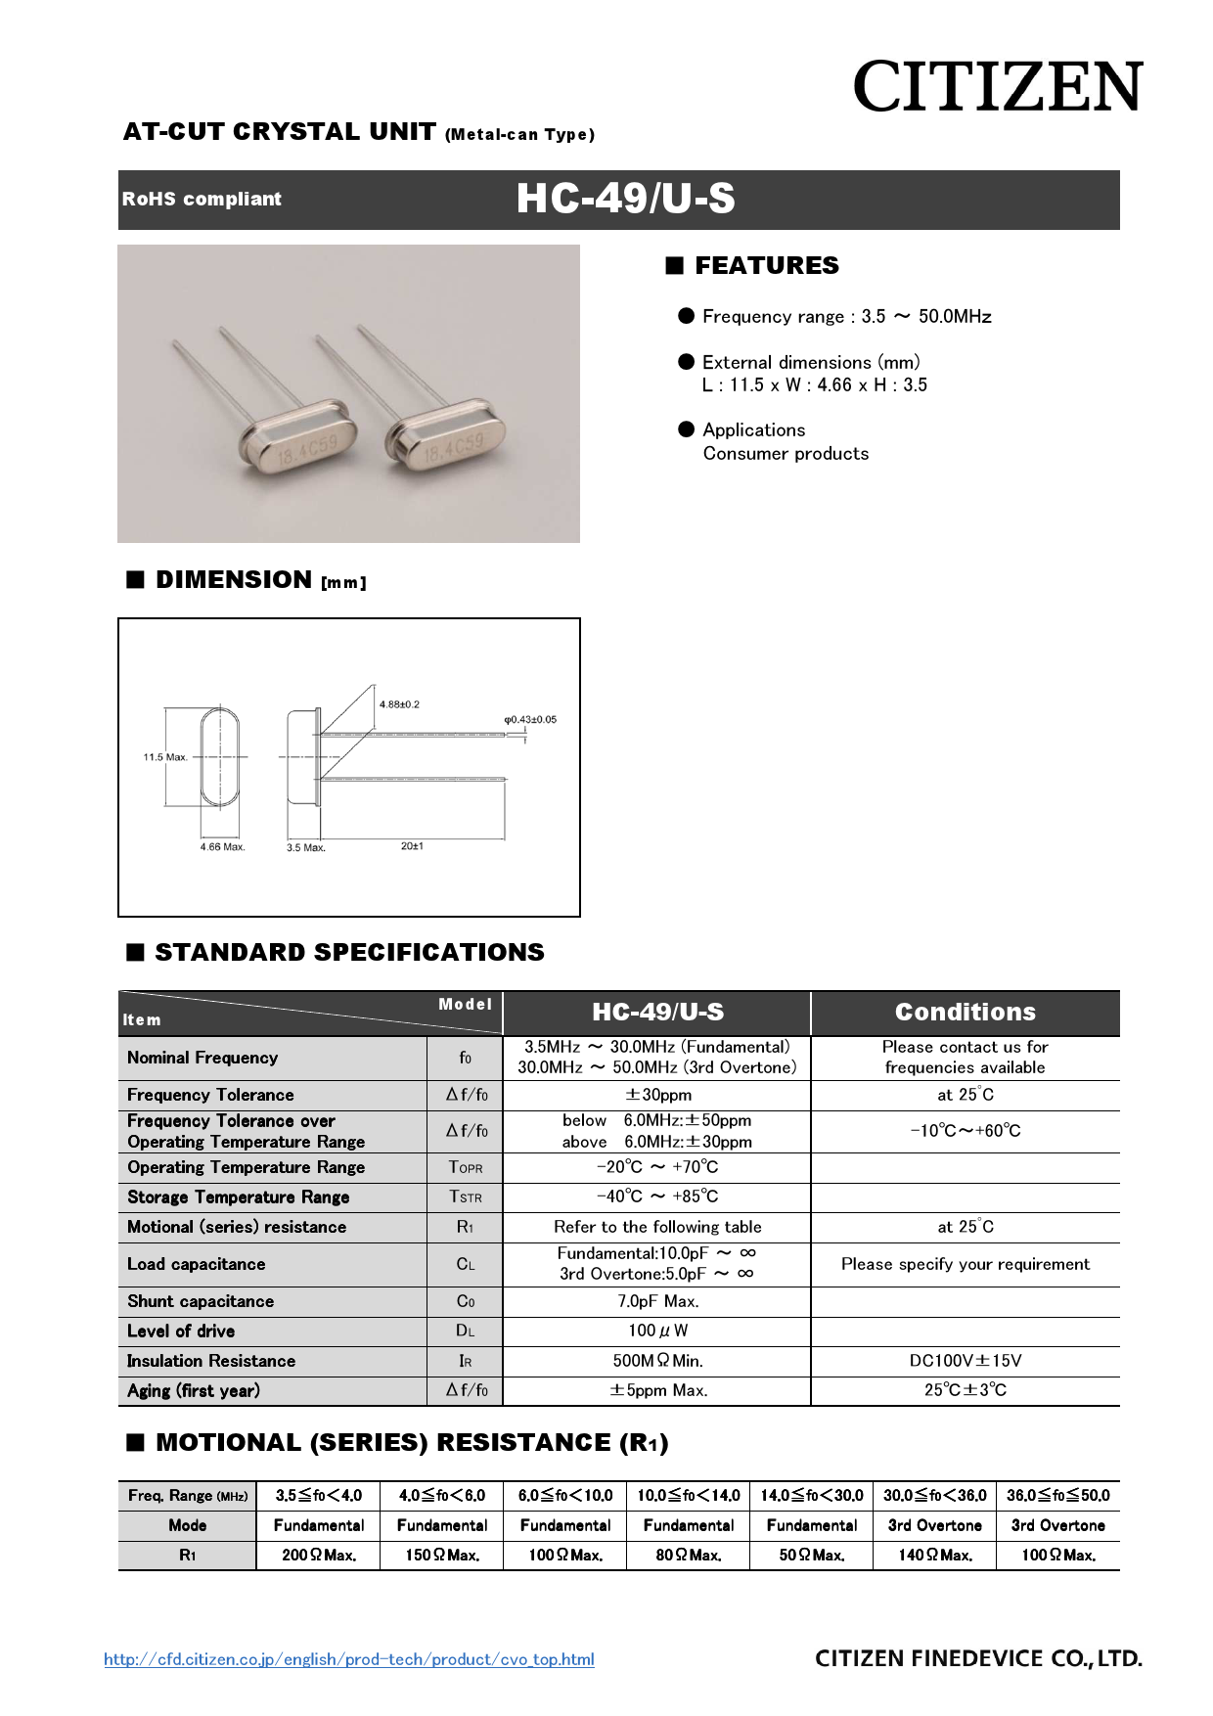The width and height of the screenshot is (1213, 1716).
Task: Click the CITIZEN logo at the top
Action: point(997,86)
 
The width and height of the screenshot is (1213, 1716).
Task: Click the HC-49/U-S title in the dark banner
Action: point(625,199)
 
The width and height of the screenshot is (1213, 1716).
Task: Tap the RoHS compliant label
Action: point(202,199)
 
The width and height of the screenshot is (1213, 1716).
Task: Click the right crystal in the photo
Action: point(445,436)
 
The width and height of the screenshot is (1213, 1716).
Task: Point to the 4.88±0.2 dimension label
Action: point(399,704)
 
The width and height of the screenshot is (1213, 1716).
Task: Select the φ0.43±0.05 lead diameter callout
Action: point(530,720)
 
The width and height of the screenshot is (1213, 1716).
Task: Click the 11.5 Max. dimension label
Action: point(165,757)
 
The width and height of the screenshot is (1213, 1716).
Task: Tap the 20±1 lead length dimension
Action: point(412,846)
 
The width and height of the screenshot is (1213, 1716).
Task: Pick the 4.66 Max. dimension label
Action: point(222,847)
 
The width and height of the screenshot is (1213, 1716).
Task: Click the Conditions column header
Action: point(965,1013)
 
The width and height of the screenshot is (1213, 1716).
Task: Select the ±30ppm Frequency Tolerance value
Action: point(657,1095)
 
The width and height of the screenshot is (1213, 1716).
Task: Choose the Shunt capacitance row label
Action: point(201,1301)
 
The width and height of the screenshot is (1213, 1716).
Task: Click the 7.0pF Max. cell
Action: point(657,1301)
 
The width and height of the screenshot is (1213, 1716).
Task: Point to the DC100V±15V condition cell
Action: point(965,1361)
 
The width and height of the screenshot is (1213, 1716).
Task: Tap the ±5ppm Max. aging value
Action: point(657,1390)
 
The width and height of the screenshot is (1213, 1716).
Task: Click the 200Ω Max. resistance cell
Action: point(319,1555)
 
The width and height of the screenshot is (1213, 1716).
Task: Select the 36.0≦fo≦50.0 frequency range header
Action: point(1057,1495)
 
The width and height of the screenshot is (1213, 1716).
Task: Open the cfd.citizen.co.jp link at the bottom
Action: point(349,1659)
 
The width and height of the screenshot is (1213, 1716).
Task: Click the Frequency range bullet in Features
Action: point(846,317)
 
